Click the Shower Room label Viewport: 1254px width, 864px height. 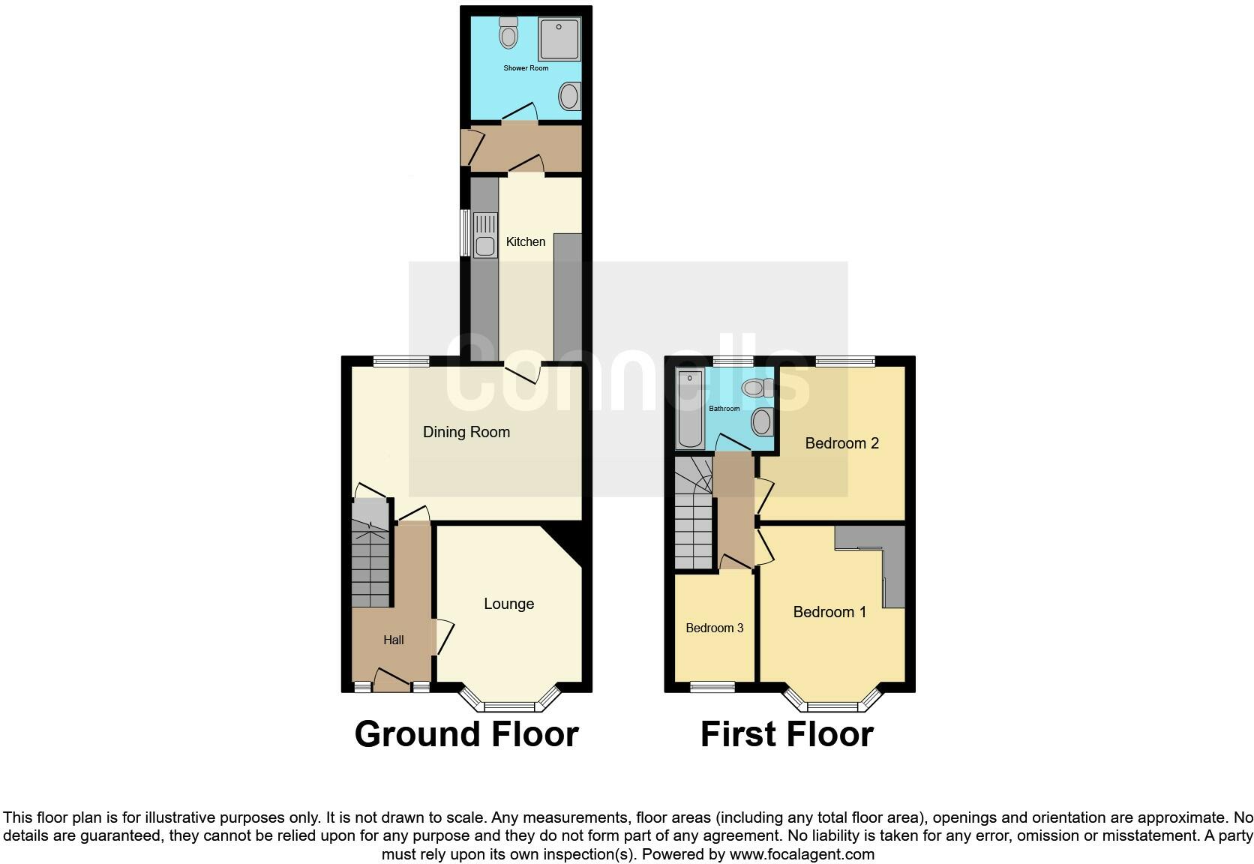tap(526, 68)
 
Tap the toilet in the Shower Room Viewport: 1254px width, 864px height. tap(509, 33)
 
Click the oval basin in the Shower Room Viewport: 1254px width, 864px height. tap(569, 97)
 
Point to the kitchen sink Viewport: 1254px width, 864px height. tap(485, 235)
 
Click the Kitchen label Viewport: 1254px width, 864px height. tap(526, 241)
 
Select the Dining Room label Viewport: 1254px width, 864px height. tap(466, 432)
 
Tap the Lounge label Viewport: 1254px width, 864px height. tap(508, 604)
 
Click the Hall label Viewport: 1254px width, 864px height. tap(393, 640)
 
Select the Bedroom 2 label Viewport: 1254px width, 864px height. tap(841, 443)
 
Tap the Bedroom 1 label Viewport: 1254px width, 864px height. tap(829, 612)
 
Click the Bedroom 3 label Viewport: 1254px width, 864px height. tap(715, 628)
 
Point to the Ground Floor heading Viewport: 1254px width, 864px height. tap(466, 734)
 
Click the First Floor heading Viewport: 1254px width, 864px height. tap(787, 734)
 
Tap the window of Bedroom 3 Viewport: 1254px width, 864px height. tap(712, 685)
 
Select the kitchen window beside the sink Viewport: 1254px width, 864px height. tap(465, 232)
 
